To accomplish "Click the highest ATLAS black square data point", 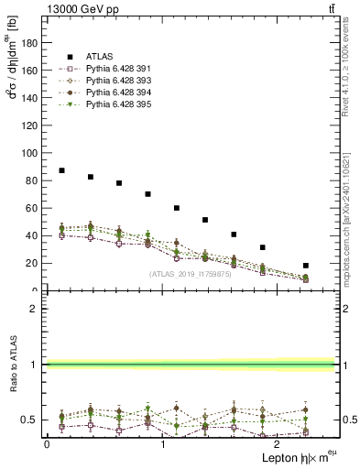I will [61, 170].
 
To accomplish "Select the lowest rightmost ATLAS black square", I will [306, 266].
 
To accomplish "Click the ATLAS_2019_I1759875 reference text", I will [191, 274].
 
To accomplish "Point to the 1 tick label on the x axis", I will [162, 443].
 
